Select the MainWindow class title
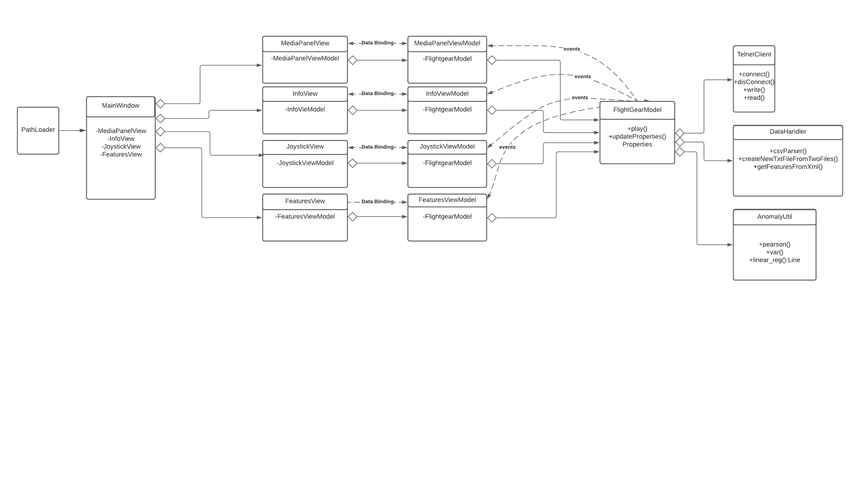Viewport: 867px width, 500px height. tap(120, 106)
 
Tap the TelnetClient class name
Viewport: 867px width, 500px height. tap(754, 55)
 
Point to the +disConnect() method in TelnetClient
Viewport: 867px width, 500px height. tap(754, 82)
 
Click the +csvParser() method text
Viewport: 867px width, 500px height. tap(788, 151)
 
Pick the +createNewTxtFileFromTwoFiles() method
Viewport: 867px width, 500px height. tap(788, 159)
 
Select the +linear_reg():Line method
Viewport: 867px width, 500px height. tap(774, 260)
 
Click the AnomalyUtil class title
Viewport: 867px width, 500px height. tap(774, 217)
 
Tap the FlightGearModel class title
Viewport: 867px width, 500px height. tap(637, 110)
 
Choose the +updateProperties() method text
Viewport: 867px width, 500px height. tap(637, 137)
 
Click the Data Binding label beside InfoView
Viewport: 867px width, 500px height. tap(377, 93)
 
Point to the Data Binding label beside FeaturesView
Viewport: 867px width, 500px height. tap(377, 202)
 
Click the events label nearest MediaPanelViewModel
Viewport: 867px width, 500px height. tap(571, 49)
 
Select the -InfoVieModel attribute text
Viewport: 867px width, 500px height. tap(305, 109)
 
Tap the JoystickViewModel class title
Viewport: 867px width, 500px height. tap(447, 147)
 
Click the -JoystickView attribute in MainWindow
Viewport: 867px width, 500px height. tap(121, 147)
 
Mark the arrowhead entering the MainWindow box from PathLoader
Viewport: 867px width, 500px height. tap(83, 131)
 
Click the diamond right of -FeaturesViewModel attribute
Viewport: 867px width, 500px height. tap(352, 217)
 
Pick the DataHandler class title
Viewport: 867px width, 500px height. tap(788, 132)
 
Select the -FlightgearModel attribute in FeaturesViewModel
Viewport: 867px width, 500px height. tap(447, 217)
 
